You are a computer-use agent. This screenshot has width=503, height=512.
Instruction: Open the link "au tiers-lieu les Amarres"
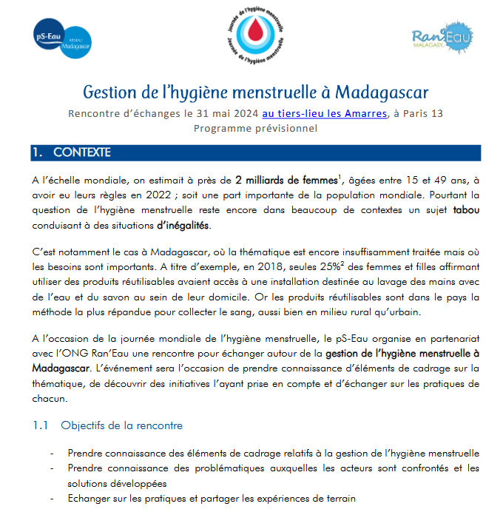click(x=324, y=114)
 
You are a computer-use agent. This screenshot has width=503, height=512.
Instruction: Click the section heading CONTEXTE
click(x=81, y=153)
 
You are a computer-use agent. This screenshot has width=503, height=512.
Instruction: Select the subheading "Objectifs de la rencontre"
click(x=121, y=425)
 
